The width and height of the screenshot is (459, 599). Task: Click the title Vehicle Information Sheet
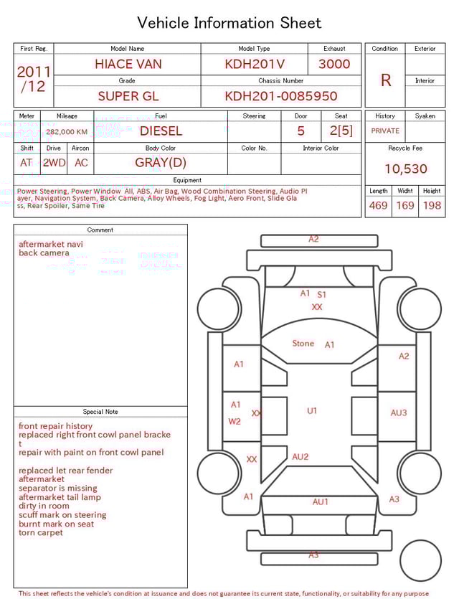click(229, 23)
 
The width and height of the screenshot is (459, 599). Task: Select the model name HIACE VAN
click(128, 64)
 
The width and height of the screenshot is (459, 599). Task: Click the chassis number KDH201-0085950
click(281, 95)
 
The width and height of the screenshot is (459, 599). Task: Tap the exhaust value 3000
click(334, 64)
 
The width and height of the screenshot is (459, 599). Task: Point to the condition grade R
click(386, 80)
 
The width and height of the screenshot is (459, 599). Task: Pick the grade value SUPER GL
click(128, 95)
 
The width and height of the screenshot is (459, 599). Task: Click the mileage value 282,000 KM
click(67, 132)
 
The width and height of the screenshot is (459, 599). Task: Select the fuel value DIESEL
click(161, 131)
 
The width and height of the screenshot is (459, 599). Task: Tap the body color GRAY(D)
click(161, 162)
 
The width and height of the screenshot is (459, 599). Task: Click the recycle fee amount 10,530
click(406, 169)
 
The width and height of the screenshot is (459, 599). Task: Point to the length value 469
click(378, 206)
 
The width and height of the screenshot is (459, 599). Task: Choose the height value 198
click(432, 206)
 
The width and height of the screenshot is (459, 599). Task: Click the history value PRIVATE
click(385, 131)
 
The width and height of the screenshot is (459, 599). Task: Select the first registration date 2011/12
click(34, 79)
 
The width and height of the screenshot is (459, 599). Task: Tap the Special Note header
click(100, 412)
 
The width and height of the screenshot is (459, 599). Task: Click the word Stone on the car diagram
click(303, 344)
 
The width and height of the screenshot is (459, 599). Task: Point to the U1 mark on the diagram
click(312, 411)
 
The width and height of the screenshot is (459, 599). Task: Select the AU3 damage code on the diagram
click(399, 412)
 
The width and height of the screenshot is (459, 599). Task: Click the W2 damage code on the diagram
click(235, 421)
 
